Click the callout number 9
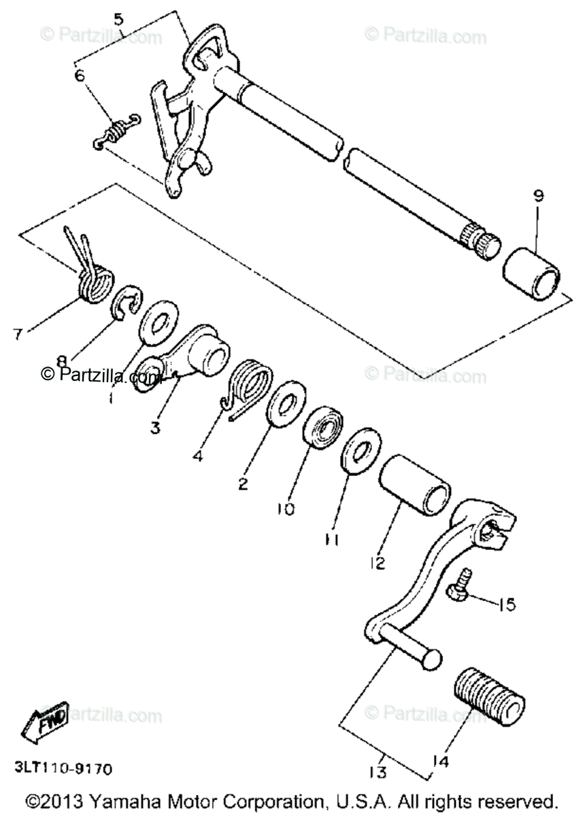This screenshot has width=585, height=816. [538, 197]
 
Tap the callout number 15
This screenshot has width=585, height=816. [506, 604]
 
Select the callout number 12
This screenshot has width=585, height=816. [378, 563]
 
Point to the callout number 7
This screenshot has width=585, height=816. [18, 333]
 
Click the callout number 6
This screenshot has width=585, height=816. [80, 75]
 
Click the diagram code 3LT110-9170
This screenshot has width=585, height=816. [61, 769]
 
